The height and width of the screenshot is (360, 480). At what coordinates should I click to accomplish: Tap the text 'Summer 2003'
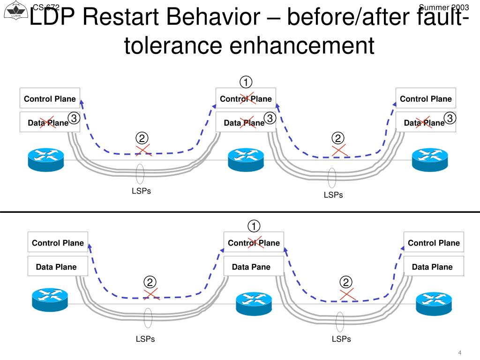pyautogui.click(x=443, y=7)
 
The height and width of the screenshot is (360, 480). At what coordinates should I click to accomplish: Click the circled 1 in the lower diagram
pyautogui.click(x=254, y=226)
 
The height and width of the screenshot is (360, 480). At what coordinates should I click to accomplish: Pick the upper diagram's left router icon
pyautogui.click(x=45, y=160)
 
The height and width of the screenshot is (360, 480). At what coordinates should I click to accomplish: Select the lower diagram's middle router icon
pyautogui.click(x=254, y=304)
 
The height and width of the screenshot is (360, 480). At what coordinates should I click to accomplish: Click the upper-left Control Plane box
pyautogui.click(x=50, y=98)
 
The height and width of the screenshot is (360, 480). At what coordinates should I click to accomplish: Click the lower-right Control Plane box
pyautogui.click(x=434, y=243)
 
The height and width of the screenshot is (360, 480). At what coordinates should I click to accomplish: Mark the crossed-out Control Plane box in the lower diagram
pyautogui.click(x=254, y=243)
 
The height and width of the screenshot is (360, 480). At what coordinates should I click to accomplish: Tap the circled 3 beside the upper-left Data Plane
pyautogui.click(x=74, y=118)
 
